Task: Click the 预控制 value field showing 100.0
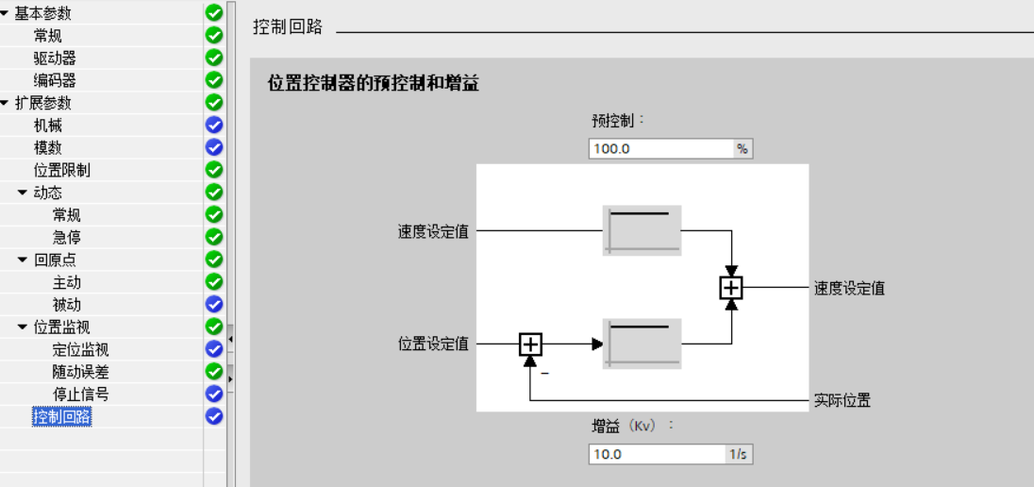coord(660,148)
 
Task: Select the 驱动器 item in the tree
coord(55,58)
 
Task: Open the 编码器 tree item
coord(55,80)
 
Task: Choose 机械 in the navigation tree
coord(48,126)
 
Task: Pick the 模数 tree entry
coord(48,148)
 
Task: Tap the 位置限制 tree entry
coord(62,170)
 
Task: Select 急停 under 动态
coord(67,237)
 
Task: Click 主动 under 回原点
coord(67,282)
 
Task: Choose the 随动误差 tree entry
coord(81,372)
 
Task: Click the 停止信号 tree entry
coord(81,394)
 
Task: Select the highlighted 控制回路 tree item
coord(62,416)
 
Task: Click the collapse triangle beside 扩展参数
coord(6,103)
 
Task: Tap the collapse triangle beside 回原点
coord(24,260)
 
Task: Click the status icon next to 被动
coord(214,304)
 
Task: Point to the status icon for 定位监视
coord(214,349)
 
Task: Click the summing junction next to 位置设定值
coord(531,344)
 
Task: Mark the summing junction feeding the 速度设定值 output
coord(731,288)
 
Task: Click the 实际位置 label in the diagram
coord(842,400)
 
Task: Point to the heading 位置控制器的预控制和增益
coord(374,84)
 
